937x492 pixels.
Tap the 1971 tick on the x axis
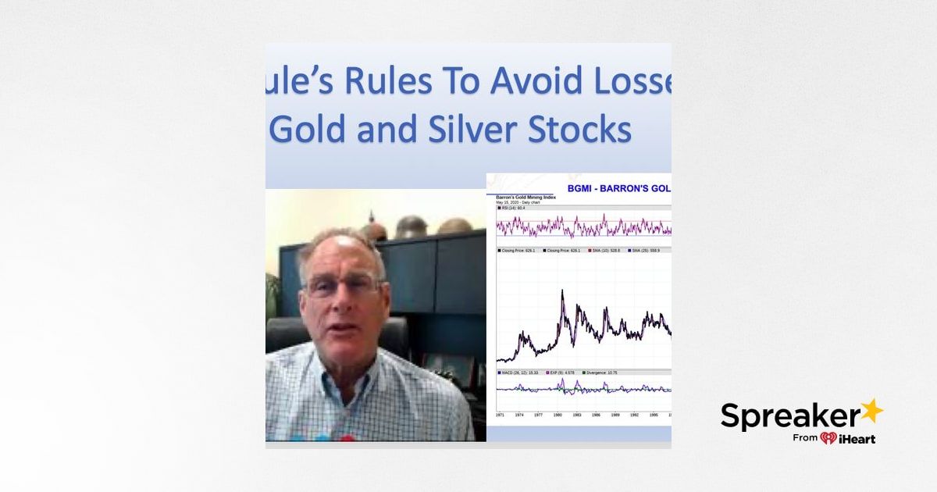tap(500, 415)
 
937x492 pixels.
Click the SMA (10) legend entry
tap(605, 250)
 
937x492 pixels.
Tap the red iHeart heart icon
tap(828, 438)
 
